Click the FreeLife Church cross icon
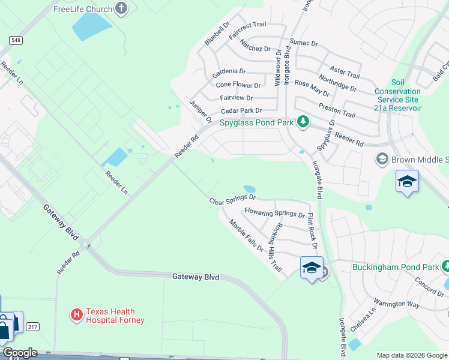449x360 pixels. [x=122, y=8]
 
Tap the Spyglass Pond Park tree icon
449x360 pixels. [x=303, y=122]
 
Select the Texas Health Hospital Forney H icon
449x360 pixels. [x=77, y=314]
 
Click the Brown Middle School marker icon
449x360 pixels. [x=382, y=159]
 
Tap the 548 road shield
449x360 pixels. [x=16, y=39]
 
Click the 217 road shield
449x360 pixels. [x=32, y=326]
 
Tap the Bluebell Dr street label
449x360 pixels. [x=217, y=34]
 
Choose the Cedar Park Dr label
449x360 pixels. [x=241, y=110]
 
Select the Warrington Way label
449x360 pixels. [x=397, y=303]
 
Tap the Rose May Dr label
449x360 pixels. [x=312, y=89]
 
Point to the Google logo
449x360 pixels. [x=20, y=353]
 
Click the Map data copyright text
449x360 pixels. [x=412, y=355]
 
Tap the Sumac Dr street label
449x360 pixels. [x=303, y=43]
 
